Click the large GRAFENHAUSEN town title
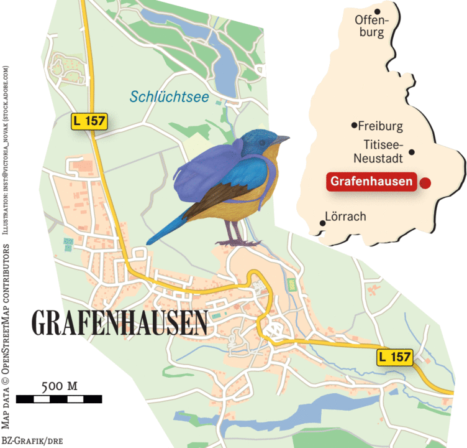[x=119, y=322]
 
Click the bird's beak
[x=284, y=138]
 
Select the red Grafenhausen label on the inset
[x=371, y=182]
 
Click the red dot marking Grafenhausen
[x=425, y=182]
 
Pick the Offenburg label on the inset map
[x=371, y=26]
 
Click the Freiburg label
[x=381, y=126]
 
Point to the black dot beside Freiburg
[x=355, y=126]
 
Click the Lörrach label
[x=346, y=217]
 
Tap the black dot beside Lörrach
[x=321, y=223]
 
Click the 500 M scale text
[x=59, y=386]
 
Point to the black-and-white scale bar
[x=59, y=399]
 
